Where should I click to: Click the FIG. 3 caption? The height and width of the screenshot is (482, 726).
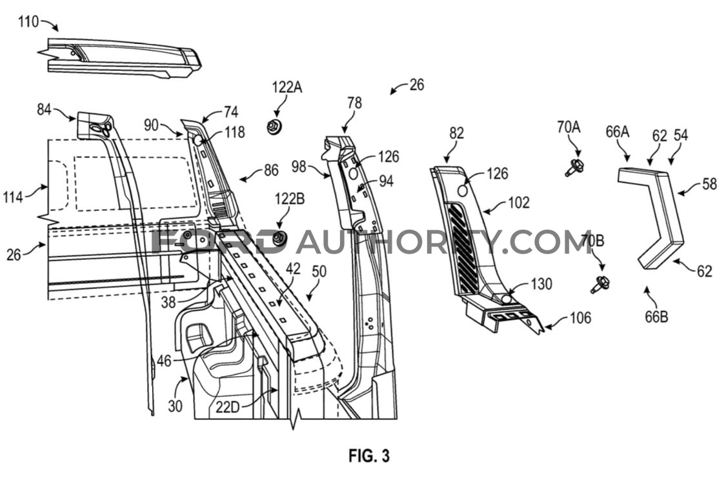point(369,456)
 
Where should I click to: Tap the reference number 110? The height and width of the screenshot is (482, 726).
point(28,22)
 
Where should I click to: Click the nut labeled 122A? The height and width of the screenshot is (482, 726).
point(274,126)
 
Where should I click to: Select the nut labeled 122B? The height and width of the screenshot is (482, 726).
point(279,239)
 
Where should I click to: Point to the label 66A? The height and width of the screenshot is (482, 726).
point(617,132)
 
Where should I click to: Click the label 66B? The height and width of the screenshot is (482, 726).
point(657,317)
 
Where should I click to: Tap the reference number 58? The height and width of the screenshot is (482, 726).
point(710,185)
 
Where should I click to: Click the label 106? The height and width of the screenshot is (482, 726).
point(580,317)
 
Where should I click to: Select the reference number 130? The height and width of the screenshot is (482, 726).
point(541,284)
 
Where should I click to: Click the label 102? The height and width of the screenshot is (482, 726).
point(518,203)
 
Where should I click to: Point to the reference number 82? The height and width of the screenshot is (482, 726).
point(456,134)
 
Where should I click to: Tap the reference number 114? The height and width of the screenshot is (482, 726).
point(13,197)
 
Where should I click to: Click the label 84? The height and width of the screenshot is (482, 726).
point(44,110)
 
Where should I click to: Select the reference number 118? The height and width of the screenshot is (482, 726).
point(234,132)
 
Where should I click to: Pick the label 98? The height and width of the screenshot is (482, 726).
point(299,166)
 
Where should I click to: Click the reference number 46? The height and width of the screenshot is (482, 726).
point(164,360)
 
